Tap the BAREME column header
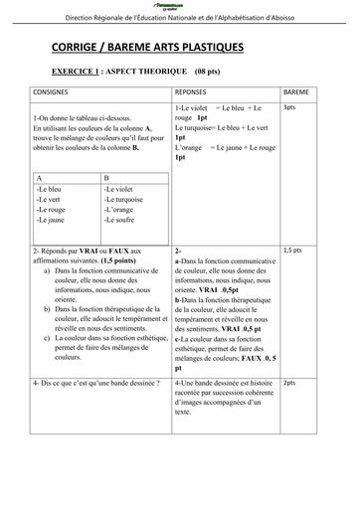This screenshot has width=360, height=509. click(x=295, y=89)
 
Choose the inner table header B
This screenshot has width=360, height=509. click(x=106, y=179)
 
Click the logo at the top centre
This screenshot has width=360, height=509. click(x=180, y=6)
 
